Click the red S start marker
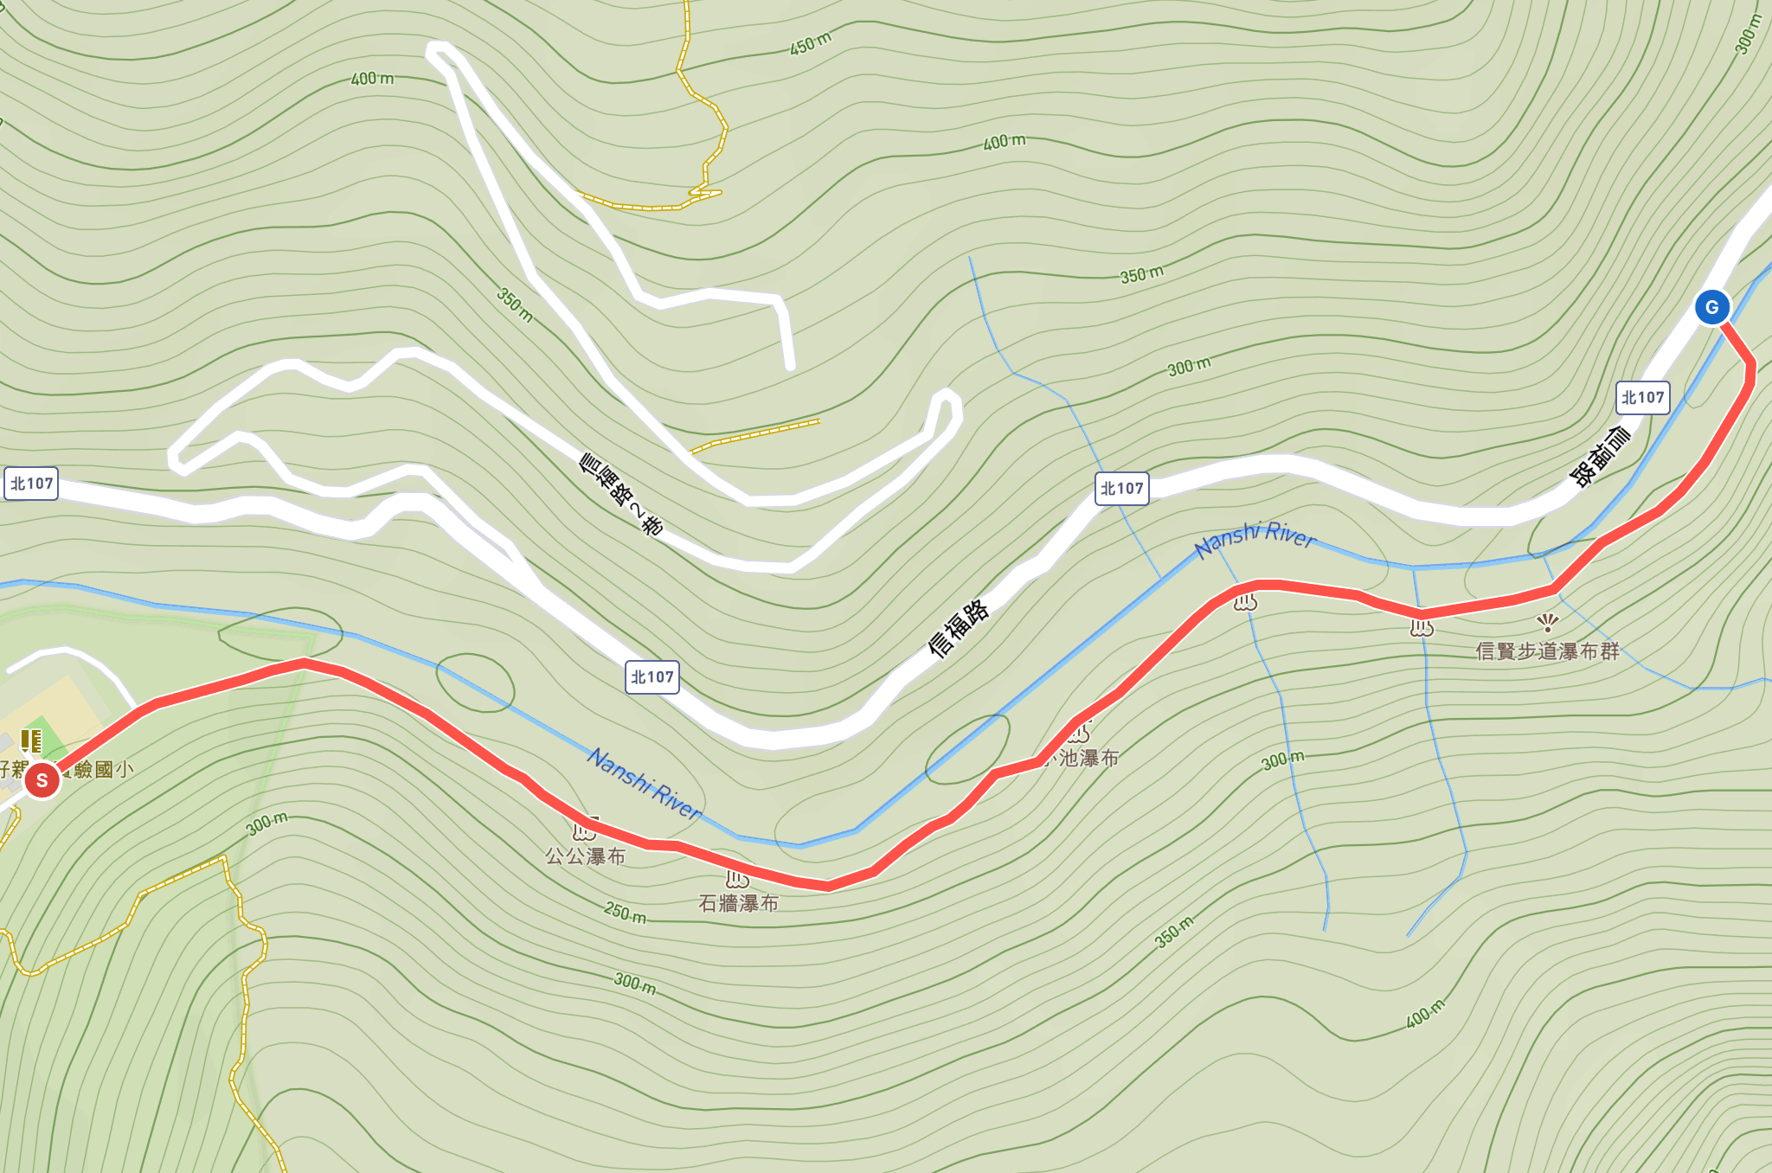(x=42, y=780)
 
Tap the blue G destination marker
(x=1711, y=307)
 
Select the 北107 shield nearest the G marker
(x=1642, y=398)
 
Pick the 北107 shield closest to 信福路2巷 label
(x=652, y=677)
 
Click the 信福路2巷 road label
(x=621, y=495)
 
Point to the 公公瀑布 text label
(x=585, y=857)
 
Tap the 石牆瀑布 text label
(x=739, y=904)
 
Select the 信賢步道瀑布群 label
(x=1547, y=651)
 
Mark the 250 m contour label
(x=625, y=912)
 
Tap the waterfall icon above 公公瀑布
(x=585, y=831)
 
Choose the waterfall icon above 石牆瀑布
(x=737, y=879)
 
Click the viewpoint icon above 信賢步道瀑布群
(x=1548, y=622)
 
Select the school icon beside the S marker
(x=31, y=740)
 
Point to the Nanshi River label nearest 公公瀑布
(x=645, y=783)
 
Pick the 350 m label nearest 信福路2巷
(x=515, y=305)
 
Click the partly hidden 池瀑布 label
(x=1088, y=759)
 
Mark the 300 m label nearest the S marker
(x=266, y=823)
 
